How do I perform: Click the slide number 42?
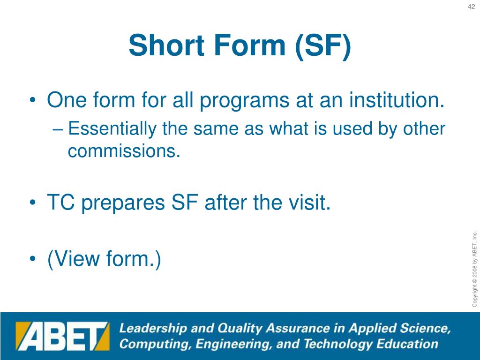pos(471,7)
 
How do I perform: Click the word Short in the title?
pos(166,45)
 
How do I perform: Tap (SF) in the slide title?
pos(323,46)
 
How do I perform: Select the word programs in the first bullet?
pos(244,101)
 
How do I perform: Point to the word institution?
pos(397,100)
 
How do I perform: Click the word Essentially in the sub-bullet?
pos(112,129)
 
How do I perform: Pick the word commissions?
pos(124,151)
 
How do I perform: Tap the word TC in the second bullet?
pos(61,202)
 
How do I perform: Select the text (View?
pos(74,259)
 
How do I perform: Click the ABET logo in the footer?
pos(62,336)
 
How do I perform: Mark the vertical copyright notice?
pos(474,269)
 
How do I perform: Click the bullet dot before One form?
pos(33,100)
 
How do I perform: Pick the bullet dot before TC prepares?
pos(33,202)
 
